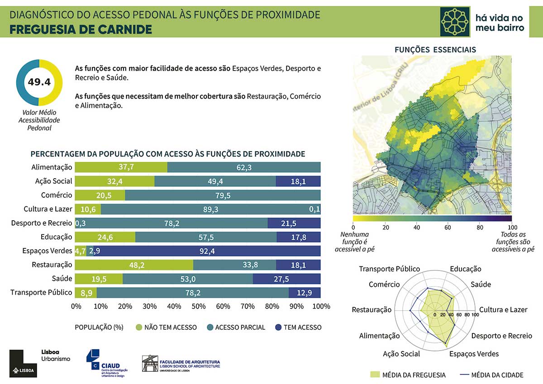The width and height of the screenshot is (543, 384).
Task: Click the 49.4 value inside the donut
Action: (x=38, y=82)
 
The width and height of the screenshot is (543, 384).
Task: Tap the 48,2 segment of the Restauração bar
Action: (x=134, y=265)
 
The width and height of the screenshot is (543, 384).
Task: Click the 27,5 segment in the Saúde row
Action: (x=286, y=279)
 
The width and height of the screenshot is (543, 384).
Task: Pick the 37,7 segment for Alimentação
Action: (x=121, y=167)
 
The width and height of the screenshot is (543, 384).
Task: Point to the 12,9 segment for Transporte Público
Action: (x=304, y=293)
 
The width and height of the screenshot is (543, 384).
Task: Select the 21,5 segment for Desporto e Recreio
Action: (x=294, y=223)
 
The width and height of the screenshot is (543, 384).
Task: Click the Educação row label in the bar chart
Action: (x=56, y=237)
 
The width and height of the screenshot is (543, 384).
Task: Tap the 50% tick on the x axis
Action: (x=198, y=307)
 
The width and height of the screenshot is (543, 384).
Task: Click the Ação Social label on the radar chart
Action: (x=401, y=354)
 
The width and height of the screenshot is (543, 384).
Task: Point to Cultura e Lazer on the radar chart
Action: (x=503, y=310)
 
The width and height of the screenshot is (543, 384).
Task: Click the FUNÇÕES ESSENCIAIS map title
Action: (x=435, y=50)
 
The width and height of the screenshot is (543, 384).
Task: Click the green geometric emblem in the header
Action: (x=455, y=21)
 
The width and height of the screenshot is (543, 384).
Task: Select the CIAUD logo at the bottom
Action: (x=107, y=363)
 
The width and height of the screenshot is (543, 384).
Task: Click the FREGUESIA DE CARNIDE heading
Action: (x=81, y=30)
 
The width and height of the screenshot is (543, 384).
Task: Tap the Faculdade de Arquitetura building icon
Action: (x=150, y=364)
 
